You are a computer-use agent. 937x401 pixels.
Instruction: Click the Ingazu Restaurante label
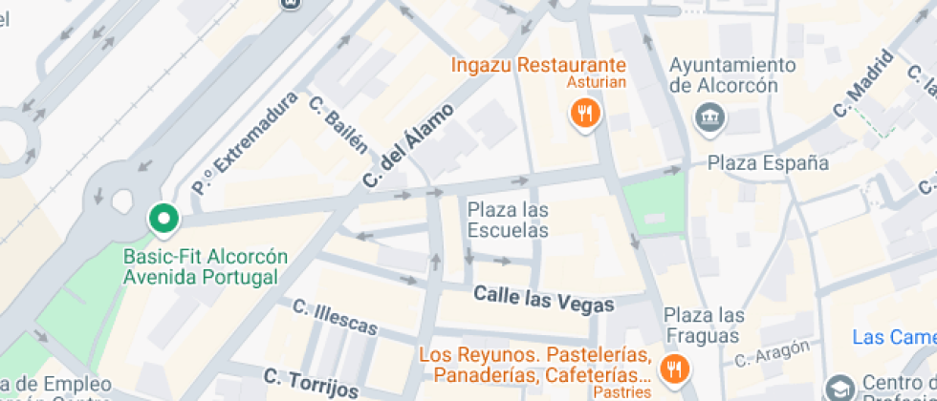coord(538,66)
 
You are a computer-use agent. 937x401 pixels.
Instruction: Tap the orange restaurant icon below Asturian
coord(584,116)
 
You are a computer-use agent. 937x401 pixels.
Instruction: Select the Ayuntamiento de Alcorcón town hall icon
coord(710,117)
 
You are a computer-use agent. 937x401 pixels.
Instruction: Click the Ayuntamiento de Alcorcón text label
coord(732,74)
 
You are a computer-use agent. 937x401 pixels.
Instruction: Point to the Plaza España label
coord(768,162)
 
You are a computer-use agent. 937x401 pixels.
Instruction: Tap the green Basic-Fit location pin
coord(163,219)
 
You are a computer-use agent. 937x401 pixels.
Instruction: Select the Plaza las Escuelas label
coord(508,220)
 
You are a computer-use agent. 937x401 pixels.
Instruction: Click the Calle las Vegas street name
coord(544,299)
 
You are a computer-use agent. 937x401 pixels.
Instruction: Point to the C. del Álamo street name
coord(408,144)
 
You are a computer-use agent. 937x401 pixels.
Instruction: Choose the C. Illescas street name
coord(335,317)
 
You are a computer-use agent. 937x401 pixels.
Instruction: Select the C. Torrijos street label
coord(311,381)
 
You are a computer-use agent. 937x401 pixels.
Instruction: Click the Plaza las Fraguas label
coord(704,325)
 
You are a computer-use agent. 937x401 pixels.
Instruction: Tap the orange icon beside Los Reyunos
coord(675,369)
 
